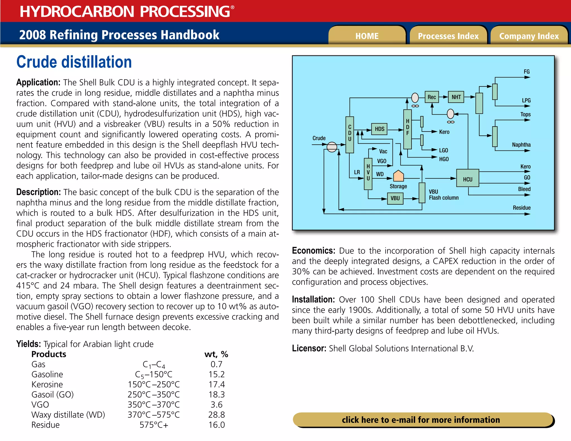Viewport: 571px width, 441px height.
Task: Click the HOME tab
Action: (x=367, y=36)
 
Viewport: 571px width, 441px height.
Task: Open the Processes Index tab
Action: (x=448, y=36)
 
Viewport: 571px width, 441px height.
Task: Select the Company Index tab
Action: (x=529, y=36)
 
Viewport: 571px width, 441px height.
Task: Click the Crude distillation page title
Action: (x=74, y=62)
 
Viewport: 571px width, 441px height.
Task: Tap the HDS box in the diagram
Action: (x=379, y=129)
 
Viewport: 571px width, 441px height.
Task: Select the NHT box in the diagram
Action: (x=456, y=97)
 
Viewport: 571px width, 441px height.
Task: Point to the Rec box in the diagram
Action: (x=432, y=97)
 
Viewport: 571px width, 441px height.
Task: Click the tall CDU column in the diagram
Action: (x=350, y=135)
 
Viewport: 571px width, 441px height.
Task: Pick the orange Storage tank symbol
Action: (x=398, y=176)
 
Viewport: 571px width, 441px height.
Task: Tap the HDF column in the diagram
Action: (x=407, y=129)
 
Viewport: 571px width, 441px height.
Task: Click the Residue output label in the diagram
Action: (x=521, y=208)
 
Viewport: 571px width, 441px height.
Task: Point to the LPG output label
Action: (x=526, y=100)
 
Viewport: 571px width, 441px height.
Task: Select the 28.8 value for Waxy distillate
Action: (x=216, y=415)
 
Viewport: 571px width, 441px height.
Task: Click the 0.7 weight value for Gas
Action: (x=216, y=364)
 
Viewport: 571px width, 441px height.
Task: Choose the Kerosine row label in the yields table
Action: (x=47, y=384)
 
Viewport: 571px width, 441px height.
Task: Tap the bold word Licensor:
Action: (x=309, y=348)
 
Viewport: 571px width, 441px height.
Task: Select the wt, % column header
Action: (x=216, y=354)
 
